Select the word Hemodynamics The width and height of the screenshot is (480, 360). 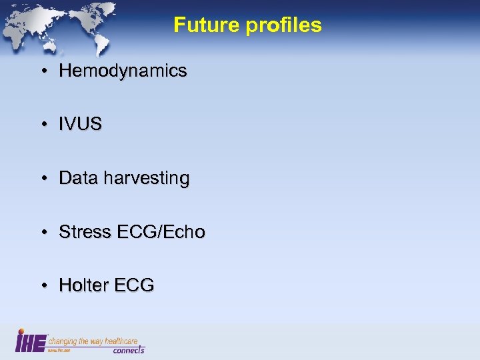(x=123, y=71)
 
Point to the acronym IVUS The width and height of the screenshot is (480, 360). (x=80, y=125)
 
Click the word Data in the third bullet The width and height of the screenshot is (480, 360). (x=76, y=179)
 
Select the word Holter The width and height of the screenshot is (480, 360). (x=83, y=285)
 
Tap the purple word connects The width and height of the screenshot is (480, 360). (x=128, y=349)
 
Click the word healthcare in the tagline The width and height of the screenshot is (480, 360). (x=125, y=341)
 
